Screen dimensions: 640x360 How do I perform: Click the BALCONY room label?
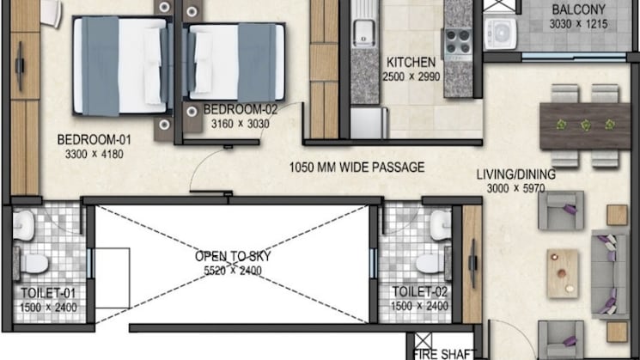[x=578, y=9]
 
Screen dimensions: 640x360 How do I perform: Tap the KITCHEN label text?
[x=411, y=63]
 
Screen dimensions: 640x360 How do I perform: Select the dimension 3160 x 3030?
[x=241, y=123]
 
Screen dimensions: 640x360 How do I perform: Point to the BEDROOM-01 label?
[x=94, y=140]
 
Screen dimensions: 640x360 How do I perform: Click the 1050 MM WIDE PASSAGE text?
[x=357, y=168]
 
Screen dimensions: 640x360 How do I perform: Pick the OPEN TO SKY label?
[x=233, y=256]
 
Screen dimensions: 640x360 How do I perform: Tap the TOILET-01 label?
[x=48, y=293]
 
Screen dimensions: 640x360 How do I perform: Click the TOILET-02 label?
[x=420, y=292]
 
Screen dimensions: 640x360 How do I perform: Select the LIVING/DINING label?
[x=516, y=174]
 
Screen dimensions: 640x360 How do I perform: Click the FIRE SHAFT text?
[x=444, y=354]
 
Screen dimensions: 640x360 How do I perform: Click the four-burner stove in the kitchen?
[x=457, y=42]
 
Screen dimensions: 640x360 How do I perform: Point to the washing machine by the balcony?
[x=501, y=32]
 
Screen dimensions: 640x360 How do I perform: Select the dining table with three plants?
[x=585, y=126]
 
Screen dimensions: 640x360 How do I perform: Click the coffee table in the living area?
[x=563, y=272]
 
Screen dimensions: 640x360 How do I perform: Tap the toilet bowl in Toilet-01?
[x=33, y=263]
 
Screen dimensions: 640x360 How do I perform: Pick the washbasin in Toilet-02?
[x=441, y=225]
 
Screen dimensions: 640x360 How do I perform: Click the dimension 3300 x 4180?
[x=94, y=155]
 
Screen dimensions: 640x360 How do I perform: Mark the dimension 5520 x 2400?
[x=233, y=270]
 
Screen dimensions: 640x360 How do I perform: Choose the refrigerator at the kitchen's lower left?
[x=369, y=123]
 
